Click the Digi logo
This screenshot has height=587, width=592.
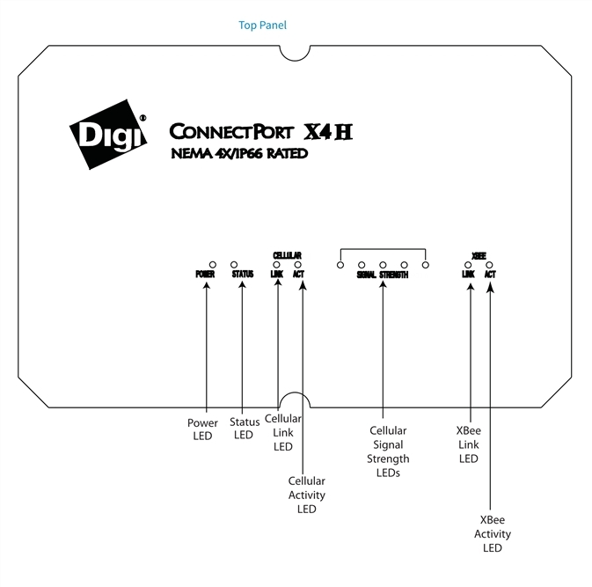pyautogui.click(x=108, y=135)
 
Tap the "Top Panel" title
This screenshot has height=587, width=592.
pyautogui.click(x=262, y=26)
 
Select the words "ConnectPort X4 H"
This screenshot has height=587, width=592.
pyautogui.click(x=261, y=131)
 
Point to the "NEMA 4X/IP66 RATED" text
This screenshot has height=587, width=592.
pyautogui.click(x=239, y=154)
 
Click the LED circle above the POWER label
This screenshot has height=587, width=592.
pyautogui.click(x=213, y=265)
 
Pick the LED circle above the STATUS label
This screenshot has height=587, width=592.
pyautogui.click(x=234, y=265)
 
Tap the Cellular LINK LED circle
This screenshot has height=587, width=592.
pyautogui.click(x=276, y=265)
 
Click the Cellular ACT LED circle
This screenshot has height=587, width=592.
pyautogui.click(x=298, y=265)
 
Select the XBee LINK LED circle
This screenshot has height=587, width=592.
pyautogui.click(x=468, y=265)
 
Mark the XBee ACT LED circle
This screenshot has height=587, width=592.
pyautogui.click(x=489, y=265)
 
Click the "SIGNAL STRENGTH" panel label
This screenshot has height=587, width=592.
pyautogui.click(x=383, y=275)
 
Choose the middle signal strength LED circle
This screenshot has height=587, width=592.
pyautogui.click(x=383, y=265)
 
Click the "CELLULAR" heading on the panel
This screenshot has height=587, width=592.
pyautogui.click(x=287, y=255)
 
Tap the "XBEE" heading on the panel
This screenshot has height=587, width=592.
pyautogui.click(x=479, y=256)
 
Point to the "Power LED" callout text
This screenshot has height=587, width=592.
pyautogui.click(x=202, y=429)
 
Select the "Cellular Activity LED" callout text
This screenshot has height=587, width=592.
pyautogui.click(x=307, y=495)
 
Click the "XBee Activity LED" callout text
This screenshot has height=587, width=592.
pyautogui.click(x=493, y=533)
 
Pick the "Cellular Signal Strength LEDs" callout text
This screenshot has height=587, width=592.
pyautogui.click(x=388, y=451)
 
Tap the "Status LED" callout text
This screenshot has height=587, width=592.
pyautogui.click(x=245, y=429)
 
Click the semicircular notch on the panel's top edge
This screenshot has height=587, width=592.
pyautogui.click(x=295, y=61)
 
